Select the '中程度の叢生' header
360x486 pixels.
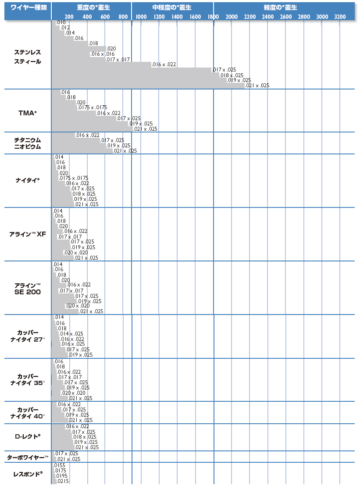point(172,7)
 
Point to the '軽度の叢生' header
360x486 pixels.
point(281,7)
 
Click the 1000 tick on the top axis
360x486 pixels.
point(141,17)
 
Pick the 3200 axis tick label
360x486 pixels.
point(340,17)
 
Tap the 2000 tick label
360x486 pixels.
point(231,17)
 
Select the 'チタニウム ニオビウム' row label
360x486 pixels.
point(28,143)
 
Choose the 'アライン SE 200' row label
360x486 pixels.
point(28,289)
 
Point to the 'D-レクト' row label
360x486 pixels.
point(28,436)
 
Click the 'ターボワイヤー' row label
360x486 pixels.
point(28,457)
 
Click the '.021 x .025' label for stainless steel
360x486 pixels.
point(257,86)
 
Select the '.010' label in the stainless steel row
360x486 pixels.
point(61,22)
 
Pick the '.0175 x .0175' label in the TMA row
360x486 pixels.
point(92,107)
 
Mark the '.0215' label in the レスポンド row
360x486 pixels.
point(60,482)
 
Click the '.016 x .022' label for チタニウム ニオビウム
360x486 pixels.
point(87,135)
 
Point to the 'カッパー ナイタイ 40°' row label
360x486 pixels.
point(28,412)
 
